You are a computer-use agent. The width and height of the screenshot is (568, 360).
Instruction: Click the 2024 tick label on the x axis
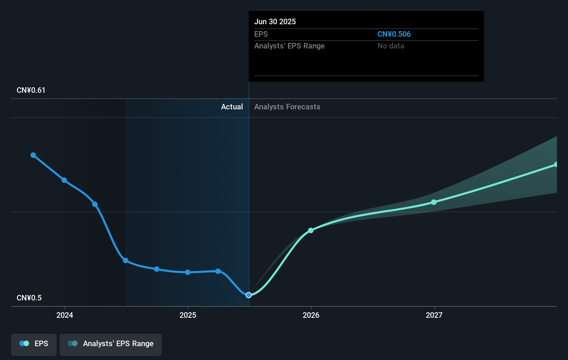(65, 315)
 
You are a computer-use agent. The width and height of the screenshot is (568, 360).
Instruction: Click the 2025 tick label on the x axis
(188, 315)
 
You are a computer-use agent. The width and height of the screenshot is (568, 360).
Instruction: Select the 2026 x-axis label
(311, 315)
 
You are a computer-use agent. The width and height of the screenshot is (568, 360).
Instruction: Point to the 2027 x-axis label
(434, 315)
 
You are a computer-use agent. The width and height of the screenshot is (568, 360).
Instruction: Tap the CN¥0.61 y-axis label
(31, 90)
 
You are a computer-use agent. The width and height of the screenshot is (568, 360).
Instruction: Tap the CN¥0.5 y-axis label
(29, 298)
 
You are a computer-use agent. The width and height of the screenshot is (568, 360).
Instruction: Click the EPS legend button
(34, 344)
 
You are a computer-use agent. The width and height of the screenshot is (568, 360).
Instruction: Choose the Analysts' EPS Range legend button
(111, 344)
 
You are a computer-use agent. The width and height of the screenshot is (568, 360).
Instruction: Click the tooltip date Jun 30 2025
(275, 21)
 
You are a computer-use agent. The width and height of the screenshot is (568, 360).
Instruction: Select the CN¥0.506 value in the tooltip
(394, 34)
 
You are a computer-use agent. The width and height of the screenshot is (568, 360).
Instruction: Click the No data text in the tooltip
(391, 46)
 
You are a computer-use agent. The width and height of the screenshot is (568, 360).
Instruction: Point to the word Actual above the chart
(232, 107)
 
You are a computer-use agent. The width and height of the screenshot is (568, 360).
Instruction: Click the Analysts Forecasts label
(287, 107)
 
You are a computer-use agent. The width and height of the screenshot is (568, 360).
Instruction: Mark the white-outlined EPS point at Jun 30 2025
(249, 295)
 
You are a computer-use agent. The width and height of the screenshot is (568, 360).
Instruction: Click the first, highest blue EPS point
(33, 155)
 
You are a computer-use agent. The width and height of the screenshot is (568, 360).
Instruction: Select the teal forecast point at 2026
(311, 231)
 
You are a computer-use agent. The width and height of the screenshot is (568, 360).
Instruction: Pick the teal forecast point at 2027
(434, 202)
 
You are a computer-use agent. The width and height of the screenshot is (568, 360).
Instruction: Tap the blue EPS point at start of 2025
(187, 272)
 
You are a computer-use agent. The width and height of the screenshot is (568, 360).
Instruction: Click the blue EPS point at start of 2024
(64, 180)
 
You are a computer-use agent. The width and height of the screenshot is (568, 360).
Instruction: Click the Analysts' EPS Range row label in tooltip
(289, 46)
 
